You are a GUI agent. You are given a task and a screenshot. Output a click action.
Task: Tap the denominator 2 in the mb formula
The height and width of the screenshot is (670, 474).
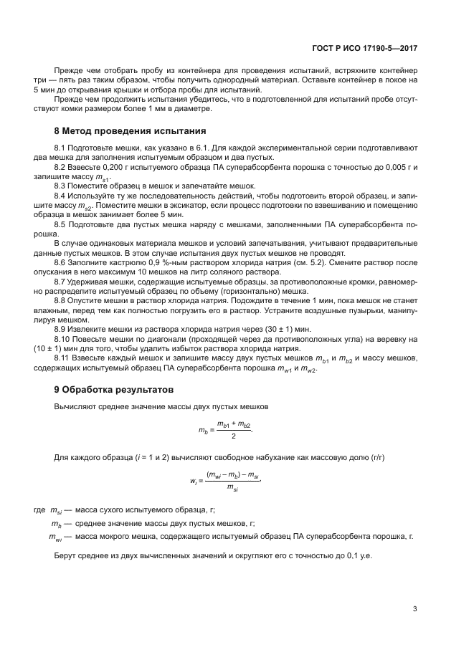(x=234, y=436)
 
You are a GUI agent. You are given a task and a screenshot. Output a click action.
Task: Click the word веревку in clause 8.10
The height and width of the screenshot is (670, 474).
(x=385, y=337)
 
